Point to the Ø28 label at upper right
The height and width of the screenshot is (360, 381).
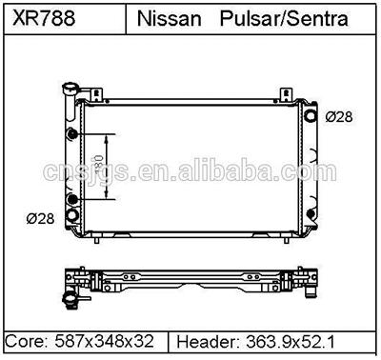pyautogui.click(x=340, y=117)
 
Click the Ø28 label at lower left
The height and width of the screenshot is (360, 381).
pyautogui.click(x=39, y=219)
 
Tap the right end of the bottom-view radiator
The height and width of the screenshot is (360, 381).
pyautogui.click(x=314, y=281)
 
